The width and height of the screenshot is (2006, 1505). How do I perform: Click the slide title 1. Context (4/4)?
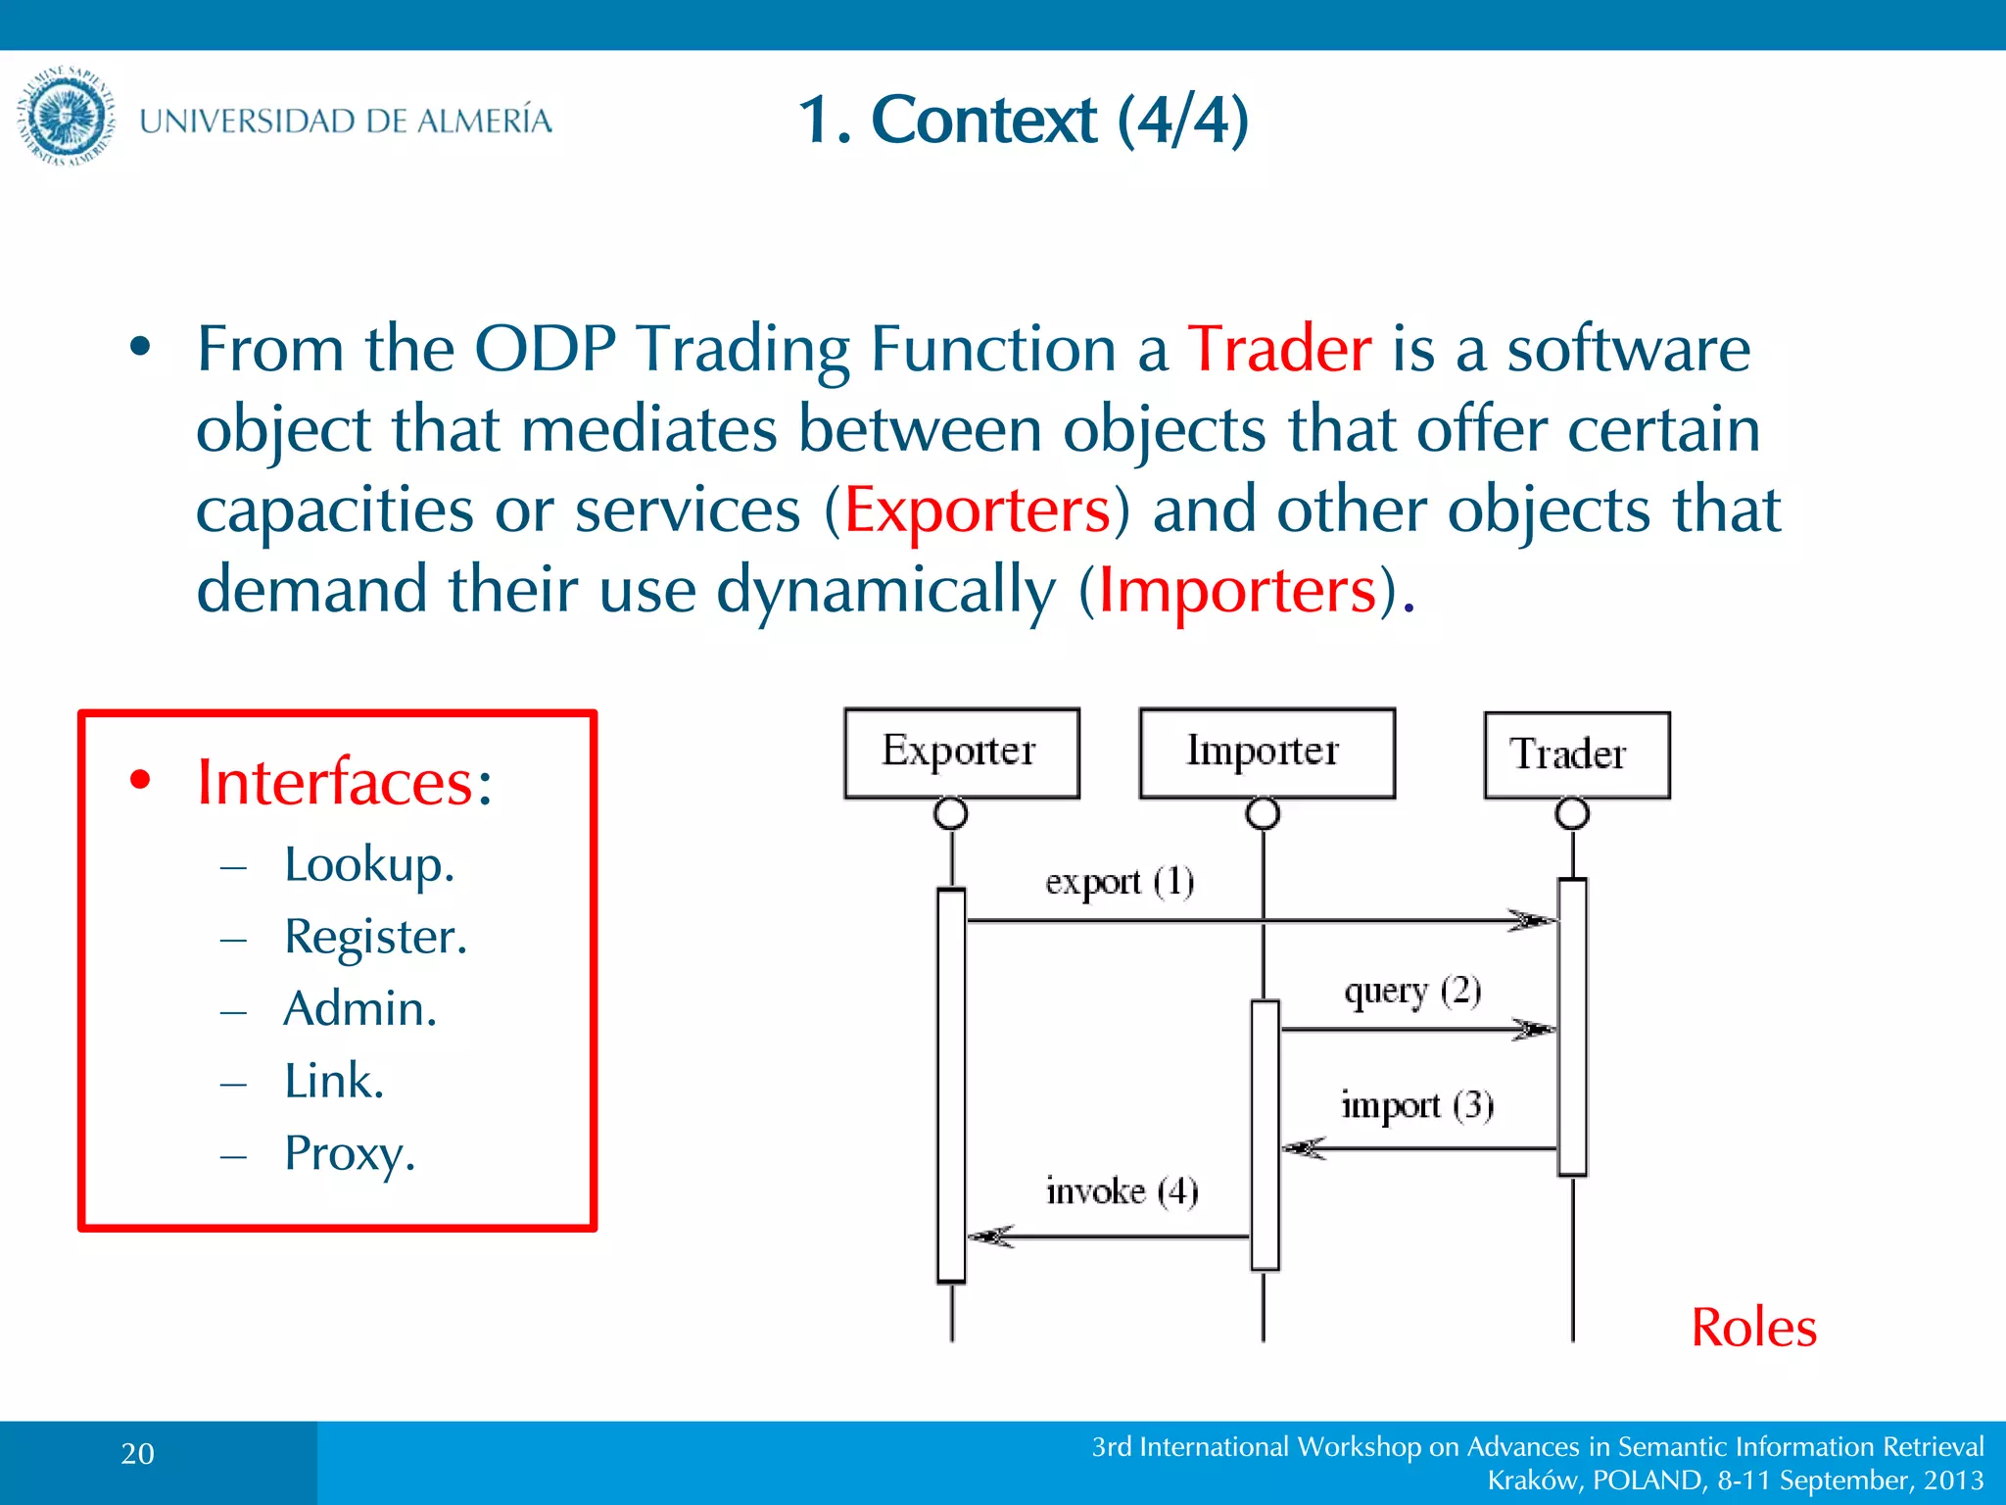tap(1023, 120)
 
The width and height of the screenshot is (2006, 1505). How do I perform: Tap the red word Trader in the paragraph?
tap(1279, 349)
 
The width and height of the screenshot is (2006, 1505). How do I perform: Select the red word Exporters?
tap(978, 510)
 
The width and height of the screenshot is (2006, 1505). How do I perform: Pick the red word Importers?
tap(1238, 590)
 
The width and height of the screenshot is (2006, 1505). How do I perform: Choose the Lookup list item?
tap(368, 864)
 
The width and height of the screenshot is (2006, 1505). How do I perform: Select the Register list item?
tap(375, 937)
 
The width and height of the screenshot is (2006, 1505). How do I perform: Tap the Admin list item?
tap(359, 1008)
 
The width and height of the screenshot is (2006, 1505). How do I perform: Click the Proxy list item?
tap(350, 1153)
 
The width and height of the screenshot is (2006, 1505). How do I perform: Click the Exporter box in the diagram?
tap(961, 752)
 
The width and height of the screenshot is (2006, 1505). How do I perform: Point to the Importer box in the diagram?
tap(1266, 752)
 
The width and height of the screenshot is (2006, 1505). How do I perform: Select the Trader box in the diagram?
tap(1576, 754)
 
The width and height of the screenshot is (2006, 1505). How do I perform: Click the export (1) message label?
tap(1120, 882)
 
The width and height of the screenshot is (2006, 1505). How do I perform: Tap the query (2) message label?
tap(1412, 992)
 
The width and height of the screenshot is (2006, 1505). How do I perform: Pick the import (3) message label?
tap(1416, 1105)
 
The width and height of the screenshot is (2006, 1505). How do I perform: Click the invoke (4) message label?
tap(1122, 1191)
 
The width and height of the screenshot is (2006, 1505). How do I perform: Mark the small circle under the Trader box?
tap(1572, 813)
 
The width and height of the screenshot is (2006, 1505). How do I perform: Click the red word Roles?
tap(1753, 1329)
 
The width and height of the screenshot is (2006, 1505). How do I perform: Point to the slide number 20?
tap(138, 1454)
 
